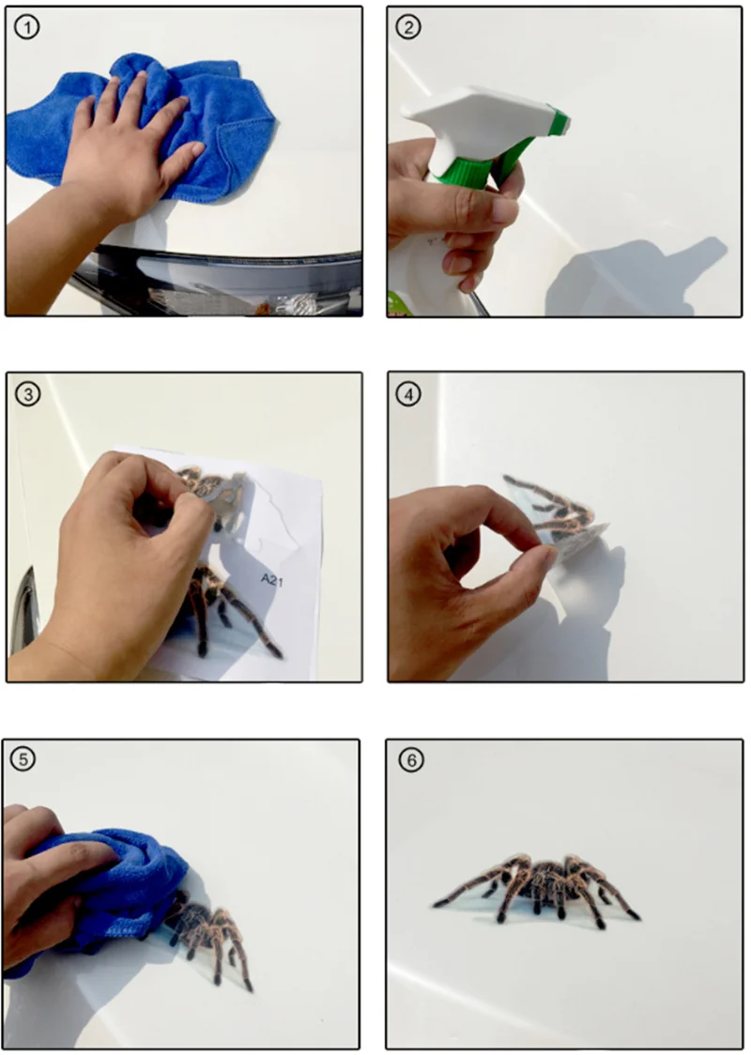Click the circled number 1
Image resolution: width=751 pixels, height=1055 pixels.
[27, 27]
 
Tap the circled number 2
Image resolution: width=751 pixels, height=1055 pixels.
[407, 27]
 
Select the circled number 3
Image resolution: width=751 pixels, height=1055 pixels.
[27, 393]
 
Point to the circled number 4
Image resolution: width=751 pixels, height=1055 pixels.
[408, 393]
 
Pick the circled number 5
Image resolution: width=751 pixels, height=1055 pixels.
[23, 759]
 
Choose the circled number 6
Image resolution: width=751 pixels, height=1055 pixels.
[411, 759]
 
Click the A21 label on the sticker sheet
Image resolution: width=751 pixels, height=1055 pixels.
[272, 579]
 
